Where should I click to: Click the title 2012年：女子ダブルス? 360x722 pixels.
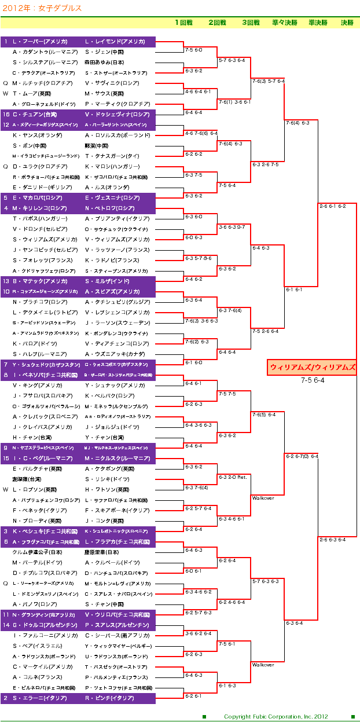click(x=42, y=9)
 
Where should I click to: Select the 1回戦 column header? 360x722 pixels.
click(x=184, y=23)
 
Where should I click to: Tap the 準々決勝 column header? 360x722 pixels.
click(x=284, y=23)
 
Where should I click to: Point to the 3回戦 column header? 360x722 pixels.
click(x=251, y=23)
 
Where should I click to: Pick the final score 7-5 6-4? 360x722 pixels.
click(x=313, y=380)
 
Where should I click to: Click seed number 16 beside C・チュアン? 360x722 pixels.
click(x=6, y=115)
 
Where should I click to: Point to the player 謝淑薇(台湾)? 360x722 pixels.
click(x=27, y=479)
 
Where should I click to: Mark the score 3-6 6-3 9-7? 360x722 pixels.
click(x=232, y=227)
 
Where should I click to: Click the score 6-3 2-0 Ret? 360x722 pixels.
click(x=233, y=477)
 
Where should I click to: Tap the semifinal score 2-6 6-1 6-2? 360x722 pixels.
click(x=333, y=206)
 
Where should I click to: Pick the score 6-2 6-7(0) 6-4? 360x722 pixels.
click(x=302, y=456)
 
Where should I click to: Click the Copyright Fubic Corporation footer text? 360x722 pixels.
click(x=275, y=717)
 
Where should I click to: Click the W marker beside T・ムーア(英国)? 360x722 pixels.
click(x=6, y=94)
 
